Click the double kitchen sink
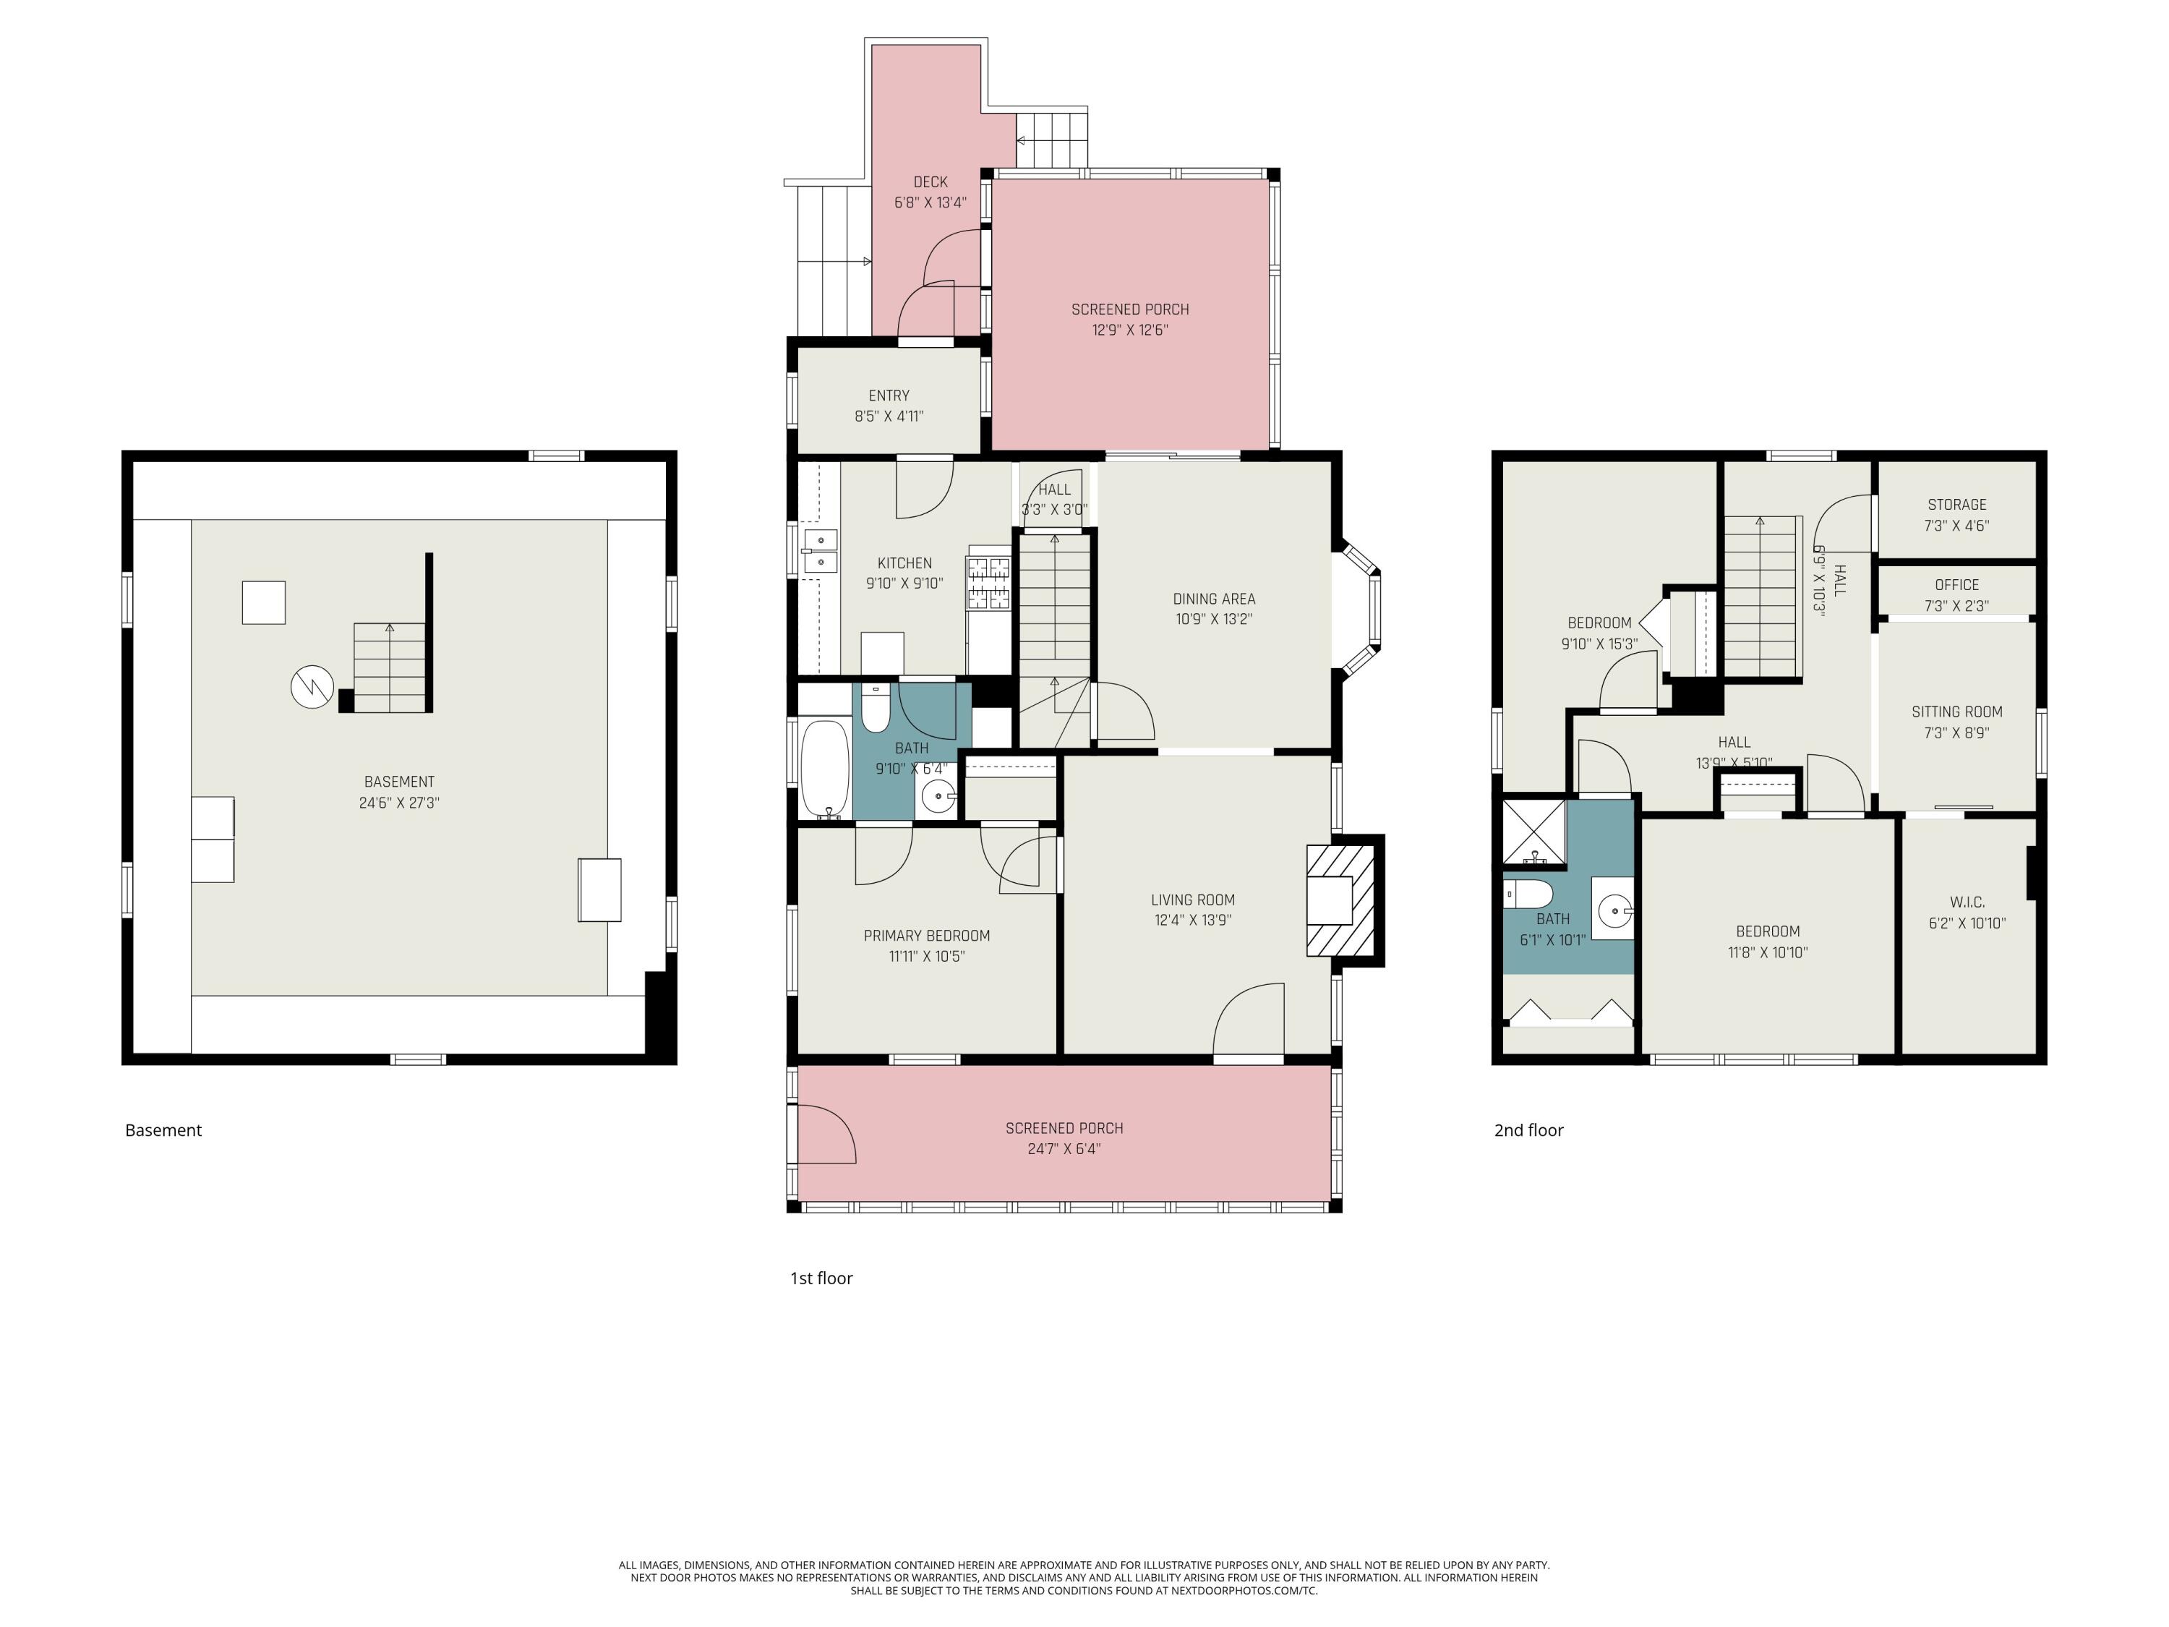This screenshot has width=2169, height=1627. [820, 551]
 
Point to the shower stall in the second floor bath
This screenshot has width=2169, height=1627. [1533, 832]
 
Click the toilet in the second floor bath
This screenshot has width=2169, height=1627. [1528, 894]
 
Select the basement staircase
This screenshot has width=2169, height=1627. [390, 667]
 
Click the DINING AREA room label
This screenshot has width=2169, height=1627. [1213, 598]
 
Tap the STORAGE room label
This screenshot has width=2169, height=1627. [1956, 504]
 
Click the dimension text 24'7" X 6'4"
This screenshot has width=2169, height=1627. [1064, 1148]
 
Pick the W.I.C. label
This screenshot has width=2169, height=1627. [1967, 901]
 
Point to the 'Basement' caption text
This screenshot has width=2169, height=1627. [163, 1129]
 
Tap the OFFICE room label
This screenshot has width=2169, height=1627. [1956, 584]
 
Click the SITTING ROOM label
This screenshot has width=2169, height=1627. [1956, 712]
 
